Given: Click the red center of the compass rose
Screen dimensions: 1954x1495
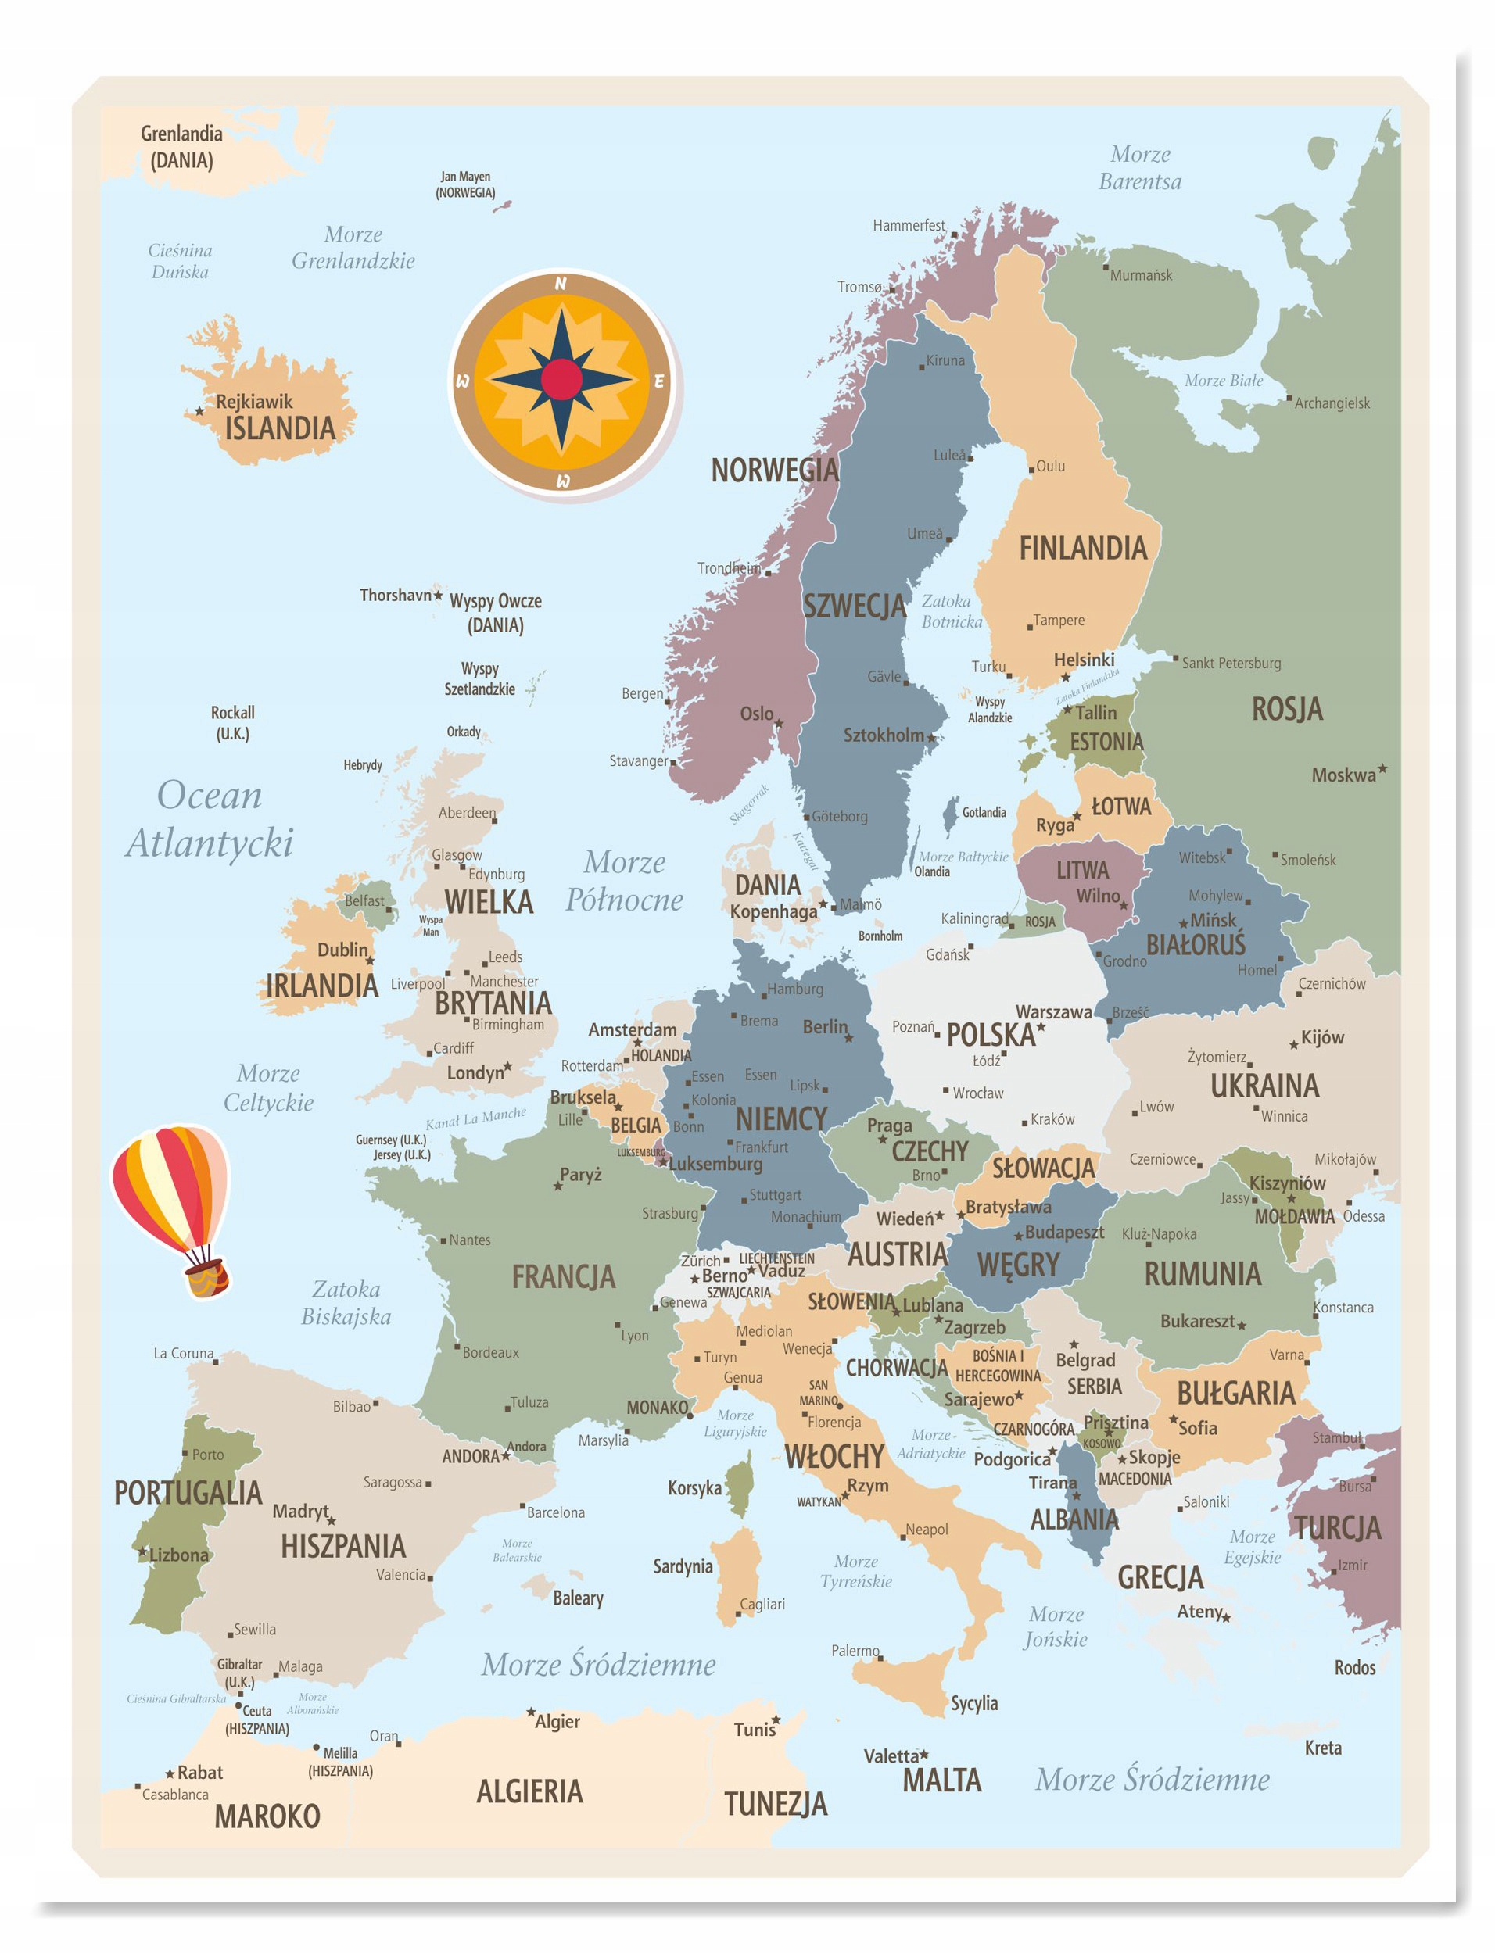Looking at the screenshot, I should (x=561, y=380).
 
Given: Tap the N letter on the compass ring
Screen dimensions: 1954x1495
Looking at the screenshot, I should (x=561, y=284).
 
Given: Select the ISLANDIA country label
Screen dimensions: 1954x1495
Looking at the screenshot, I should (x=279, y=428).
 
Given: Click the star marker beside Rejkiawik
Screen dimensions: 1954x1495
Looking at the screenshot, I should (x=199, y=412).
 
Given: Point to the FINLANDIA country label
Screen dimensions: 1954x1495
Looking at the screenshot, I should (x=1083, y=549).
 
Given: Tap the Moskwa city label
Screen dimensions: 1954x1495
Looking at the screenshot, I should (x=1343, y=775).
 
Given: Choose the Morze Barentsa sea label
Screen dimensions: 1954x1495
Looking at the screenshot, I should (x=1140, y=168).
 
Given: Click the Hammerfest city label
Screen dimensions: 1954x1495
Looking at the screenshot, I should (x=909, y=226).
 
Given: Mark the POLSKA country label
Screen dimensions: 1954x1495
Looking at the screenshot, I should (x=991, y=1036).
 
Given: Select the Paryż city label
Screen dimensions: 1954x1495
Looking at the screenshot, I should (x=580, y=1175).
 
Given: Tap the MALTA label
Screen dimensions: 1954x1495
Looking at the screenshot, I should (x=941, y=1780).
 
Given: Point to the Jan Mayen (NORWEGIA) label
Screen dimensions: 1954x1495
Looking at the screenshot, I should (x=465, y=185).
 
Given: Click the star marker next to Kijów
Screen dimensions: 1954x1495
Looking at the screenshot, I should (x=1294, y=1045).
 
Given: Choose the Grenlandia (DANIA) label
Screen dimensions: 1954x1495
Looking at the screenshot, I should (x=181, y=147).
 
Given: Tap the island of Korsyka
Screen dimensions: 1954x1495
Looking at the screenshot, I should (x=740, y=1488).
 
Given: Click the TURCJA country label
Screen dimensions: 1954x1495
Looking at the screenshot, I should (x=1338, y=1528).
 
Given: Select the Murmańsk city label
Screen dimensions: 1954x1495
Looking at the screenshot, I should (x=1141, y=276).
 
